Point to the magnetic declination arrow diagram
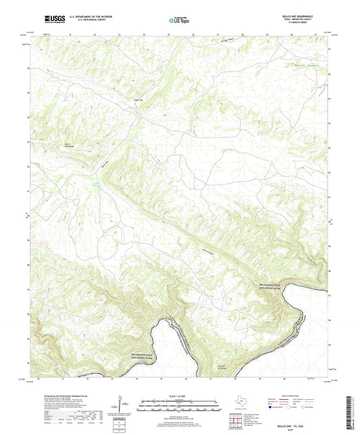click(x=120, y=405)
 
